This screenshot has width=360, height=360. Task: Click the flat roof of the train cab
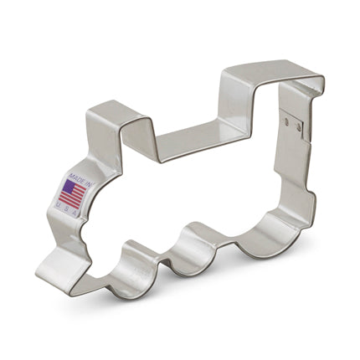268,71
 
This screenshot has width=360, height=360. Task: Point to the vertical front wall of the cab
224,100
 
